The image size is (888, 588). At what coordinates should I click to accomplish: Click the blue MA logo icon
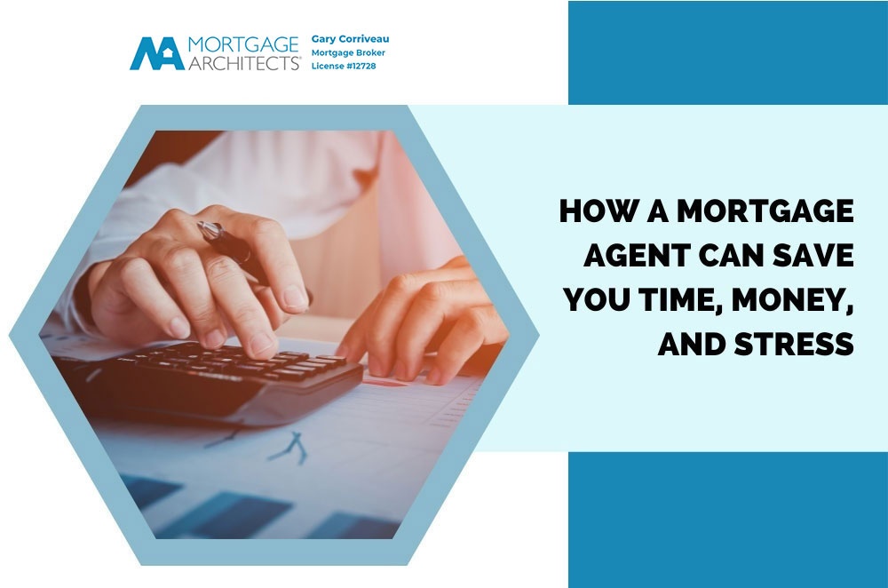click(157, 54)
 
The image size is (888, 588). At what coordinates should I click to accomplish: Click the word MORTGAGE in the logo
click(243, 44)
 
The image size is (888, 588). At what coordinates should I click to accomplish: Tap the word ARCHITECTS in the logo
click(244, 62)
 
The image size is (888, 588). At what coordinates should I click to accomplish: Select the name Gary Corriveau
click(350, 39)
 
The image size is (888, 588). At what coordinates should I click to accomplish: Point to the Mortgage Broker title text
click(348, 52)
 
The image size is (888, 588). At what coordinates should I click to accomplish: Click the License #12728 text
click(344, 66)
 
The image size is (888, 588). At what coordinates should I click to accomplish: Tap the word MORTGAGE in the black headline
click(765, 211)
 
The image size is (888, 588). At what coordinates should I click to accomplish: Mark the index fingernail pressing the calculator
click(262, 344)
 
